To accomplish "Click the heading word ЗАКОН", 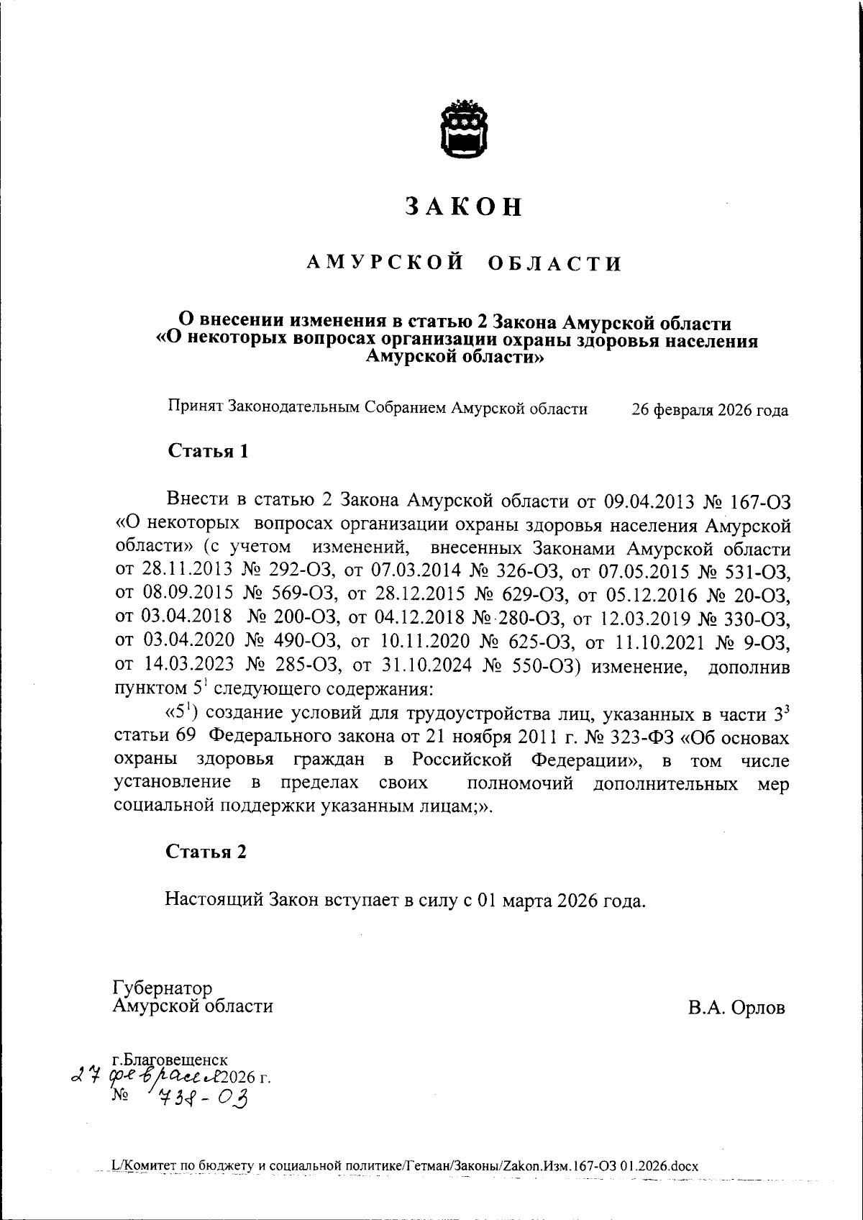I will pos(464,206).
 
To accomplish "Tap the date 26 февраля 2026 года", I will pos(709,411).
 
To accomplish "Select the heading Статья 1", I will pos(209,451).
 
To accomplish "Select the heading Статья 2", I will pos(206,852).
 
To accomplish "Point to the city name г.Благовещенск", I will pos(170,1060).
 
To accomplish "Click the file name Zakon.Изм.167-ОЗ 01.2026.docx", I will pos(597,1166).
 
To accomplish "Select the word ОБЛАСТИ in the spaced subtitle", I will pos(554,264).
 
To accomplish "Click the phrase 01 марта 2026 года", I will pos(560,901).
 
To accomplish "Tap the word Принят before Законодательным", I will pos(196,409).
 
